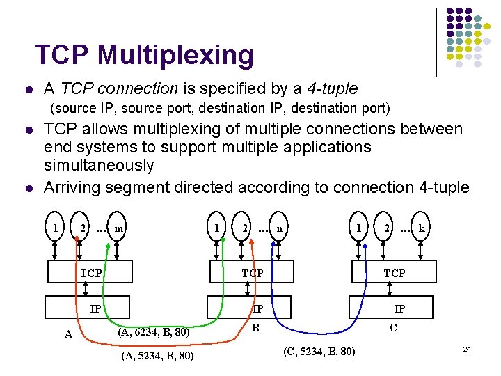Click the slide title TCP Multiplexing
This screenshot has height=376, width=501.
coord(145,54)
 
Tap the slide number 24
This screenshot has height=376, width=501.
coord(468,347)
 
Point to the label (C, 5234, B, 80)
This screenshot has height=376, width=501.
coord(320,350)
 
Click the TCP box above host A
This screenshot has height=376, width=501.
coord(90,273)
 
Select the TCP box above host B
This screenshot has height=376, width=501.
coord(252,272)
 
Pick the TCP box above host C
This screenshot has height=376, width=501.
coord(394,272)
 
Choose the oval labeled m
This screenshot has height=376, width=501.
coord(120,227)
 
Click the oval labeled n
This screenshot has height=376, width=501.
coord(279,227)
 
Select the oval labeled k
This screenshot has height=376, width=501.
coord(422,227)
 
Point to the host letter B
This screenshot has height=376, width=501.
coord(255,326)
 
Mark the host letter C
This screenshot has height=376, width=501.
coord(394,327)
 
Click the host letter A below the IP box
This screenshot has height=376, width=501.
coord(67,334)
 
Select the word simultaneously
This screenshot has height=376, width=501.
coord(98,166)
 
